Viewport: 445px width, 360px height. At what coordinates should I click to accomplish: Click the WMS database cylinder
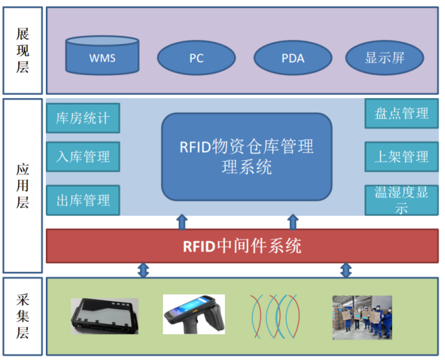pos(102,55)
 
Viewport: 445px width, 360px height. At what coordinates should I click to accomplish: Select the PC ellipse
pos(196,58)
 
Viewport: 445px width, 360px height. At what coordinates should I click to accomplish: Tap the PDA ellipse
pos(293,58)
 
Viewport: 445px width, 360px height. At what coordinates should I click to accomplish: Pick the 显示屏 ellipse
pos(384,58)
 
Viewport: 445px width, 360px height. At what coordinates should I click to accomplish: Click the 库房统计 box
pos(83,118)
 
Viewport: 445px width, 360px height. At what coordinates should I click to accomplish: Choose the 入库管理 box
pos(83,156)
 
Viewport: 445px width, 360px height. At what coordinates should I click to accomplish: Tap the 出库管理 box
pos(83,200)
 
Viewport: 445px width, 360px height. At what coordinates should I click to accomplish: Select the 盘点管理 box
pos(402,113)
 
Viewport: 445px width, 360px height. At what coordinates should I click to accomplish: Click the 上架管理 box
pos(402,156)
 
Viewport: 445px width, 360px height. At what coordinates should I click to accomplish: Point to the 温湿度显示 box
pos(402,200)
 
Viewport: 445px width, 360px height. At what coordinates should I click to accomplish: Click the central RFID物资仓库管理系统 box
pos(247,156)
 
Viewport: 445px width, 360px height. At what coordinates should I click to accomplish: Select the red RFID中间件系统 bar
pos(242,246)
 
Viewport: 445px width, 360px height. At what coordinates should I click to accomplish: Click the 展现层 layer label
pos(23,50)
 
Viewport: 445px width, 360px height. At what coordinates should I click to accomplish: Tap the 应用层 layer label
pos(23,185)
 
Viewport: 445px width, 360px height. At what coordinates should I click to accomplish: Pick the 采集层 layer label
pos(23,316)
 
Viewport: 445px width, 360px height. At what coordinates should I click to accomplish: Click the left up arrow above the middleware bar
pos(182,222)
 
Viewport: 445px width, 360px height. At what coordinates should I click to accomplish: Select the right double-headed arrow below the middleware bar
pos(346,270)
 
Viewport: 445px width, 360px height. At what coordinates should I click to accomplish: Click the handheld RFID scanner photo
pos(194,314)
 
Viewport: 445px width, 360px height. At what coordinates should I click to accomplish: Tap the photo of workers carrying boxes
pos(362,317)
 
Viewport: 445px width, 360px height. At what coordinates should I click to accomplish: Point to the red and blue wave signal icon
pos(274,316)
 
